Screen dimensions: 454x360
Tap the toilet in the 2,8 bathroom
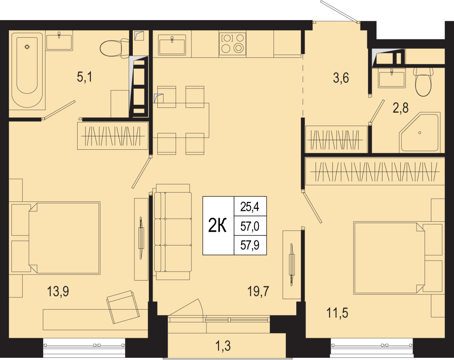[423, 82]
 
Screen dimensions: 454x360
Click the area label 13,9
[58, 291]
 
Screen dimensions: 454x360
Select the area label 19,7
[258, 291]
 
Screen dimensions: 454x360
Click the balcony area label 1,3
[223, 346]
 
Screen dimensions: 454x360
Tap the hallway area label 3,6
[341, 78]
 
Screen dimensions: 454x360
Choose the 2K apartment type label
[217, 225]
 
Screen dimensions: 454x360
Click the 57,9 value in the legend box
[250, 245]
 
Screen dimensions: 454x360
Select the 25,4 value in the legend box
[250, 207]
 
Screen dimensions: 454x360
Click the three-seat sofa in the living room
[173, 232]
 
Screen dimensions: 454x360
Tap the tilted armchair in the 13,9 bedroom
[123, 307]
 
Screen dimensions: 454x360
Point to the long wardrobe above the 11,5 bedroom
[375, 172]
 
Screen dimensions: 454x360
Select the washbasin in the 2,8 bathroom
[392, 78]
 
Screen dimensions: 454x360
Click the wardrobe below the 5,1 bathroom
[113, 136]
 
